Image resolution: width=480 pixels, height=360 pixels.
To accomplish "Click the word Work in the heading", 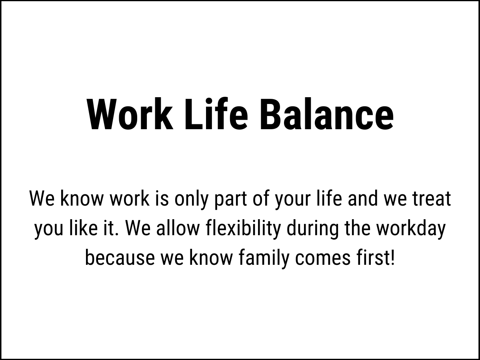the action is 130,114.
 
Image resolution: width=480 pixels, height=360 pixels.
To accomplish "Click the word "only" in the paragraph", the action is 191,199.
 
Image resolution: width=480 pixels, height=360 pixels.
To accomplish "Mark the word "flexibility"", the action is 243,230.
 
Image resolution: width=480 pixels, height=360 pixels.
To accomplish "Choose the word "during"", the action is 312,230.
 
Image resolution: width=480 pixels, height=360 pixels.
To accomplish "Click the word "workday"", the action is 411,230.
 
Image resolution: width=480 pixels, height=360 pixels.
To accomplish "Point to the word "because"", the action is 120,258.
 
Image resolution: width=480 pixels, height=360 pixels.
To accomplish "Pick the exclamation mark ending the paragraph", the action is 392,258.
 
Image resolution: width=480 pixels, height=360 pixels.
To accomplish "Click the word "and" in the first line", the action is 363,199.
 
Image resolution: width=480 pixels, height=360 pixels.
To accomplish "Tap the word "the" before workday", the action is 358,228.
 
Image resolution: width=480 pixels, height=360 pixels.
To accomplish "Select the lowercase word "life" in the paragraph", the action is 329,198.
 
